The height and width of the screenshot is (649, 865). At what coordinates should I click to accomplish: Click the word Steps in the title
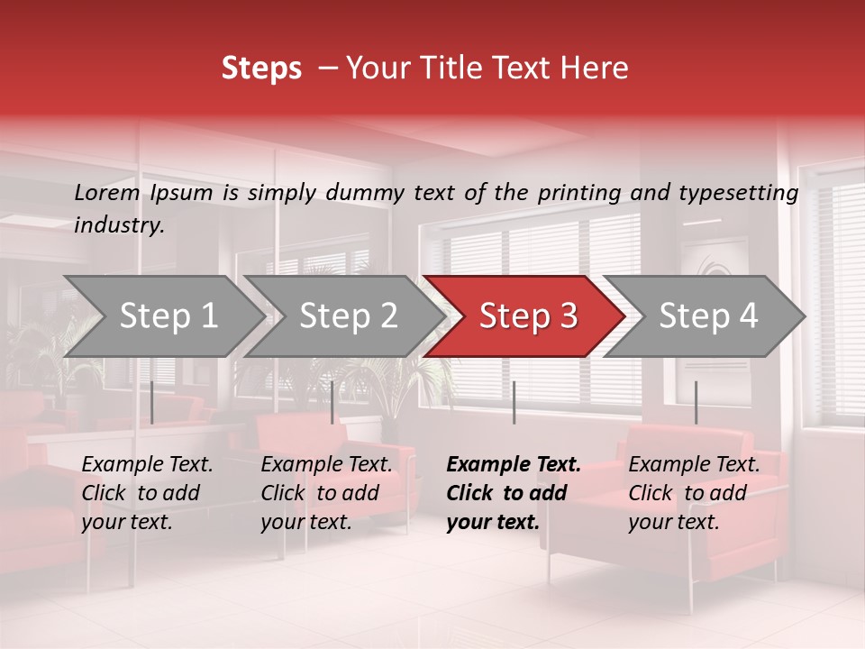[261, 69]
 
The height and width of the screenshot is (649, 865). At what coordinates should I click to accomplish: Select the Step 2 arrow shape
[346, 316]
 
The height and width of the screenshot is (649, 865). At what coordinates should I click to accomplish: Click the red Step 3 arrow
[526, 316]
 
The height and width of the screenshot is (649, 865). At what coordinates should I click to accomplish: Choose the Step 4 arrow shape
[706, 316]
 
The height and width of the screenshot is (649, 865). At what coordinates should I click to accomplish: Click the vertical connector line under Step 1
[152, 402]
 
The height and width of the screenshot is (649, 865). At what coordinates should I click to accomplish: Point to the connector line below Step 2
[332, 402]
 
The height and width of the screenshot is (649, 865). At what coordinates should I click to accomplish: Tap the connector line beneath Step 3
[514, 402]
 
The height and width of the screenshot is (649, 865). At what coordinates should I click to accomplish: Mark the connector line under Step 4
[696, 402]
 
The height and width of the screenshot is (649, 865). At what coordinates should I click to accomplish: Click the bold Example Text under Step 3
[514, 465]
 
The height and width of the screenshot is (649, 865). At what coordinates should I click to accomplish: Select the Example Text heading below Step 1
[147, 465]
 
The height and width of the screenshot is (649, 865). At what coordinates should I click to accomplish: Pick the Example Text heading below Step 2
[326, 465]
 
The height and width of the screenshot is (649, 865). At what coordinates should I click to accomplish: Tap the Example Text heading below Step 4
[694, 465]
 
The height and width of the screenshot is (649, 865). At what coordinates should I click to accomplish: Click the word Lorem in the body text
[107, 192]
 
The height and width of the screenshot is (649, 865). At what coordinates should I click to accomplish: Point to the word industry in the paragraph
[118, 225]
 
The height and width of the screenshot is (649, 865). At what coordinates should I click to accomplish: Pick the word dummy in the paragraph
[364, 193]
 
